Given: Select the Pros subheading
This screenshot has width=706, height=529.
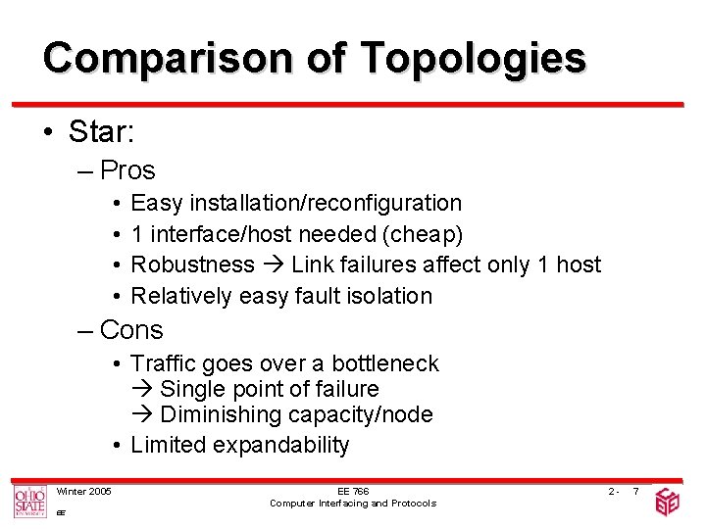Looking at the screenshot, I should pyautogui.click(x=127, y=170).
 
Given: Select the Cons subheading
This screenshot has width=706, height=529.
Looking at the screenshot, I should pyautogui.click(x=131, y=330).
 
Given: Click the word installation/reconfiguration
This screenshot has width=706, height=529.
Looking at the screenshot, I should pyautogui.click(x=327, y=204).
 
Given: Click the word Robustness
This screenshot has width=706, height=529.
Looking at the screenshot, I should pyautogui.click(x=192, y=264).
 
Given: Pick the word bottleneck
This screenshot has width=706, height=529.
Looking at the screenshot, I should pyautogui.click(x=385, y=364).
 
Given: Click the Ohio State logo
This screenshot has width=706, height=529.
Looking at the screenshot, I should pyautogui.click(x=29, y=502).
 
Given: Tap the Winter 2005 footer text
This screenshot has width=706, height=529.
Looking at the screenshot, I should pyautogui.click(x=83, y=491).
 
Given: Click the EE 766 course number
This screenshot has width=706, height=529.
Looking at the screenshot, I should pyautogui.click(x=353, y=491).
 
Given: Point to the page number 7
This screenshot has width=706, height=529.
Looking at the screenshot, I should pyautogui.click(x=635, y=491).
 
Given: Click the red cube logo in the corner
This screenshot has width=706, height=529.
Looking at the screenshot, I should pyautogui.click(x=668, y=502).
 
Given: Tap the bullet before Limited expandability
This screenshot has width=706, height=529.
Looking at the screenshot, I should pyautogui.click(x=116, y=446).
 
